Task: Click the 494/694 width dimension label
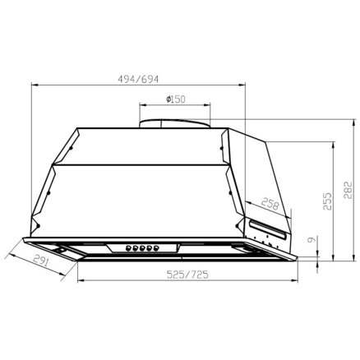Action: click(x=138, y=79)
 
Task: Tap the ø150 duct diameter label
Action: click(x=176, y=99)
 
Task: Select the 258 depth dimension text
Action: click(x=270, y=204)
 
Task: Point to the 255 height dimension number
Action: click(x=327, y=201)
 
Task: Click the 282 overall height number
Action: click(x=347, y=191)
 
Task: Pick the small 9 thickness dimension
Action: click(x=312, y=240)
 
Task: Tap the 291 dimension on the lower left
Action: click(x=41, y=261)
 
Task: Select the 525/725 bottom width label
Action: click(x=187, y=275)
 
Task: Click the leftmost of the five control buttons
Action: click(x=128, y=248)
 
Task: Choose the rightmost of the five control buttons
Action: click(x=156, y=248)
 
